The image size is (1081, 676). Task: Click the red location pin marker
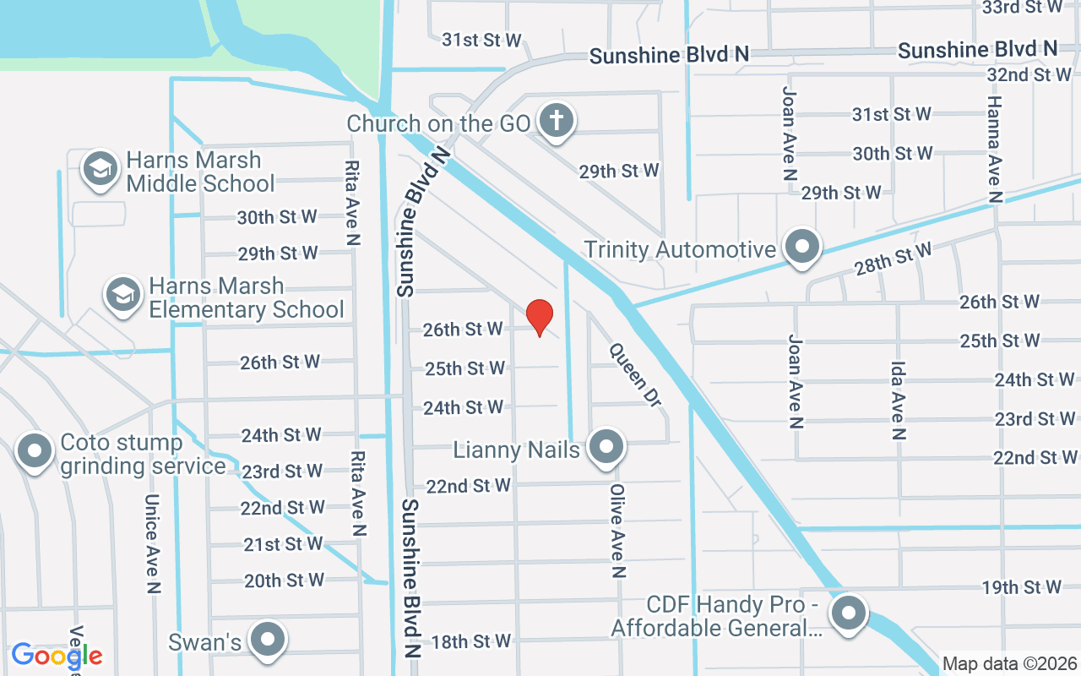click(x=540, y=317)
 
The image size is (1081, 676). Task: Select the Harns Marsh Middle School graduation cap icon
click(x=100, y=169)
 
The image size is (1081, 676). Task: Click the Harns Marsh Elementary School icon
click(x=123, y=295)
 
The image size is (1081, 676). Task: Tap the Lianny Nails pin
click(x=606, y=447)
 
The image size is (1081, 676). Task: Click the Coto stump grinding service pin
click(x=35, y=452)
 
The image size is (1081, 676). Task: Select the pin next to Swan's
click(x=269, y=640)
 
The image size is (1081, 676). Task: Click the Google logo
click(x=57, y=655)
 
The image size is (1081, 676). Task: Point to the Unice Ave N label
click(x=153, y=543)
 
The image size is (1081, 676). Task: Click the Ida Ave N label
click(x=898, y=401)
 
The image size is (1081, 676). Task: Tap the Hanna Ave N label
click(x=994, y=149)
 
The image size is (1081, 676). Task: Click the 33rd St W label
click(x=1023, y=7)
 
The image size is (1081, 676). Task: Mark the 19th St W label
click(x=1021, y=587)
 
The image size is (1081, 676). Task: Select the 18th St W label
click(x=470, y=641)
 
